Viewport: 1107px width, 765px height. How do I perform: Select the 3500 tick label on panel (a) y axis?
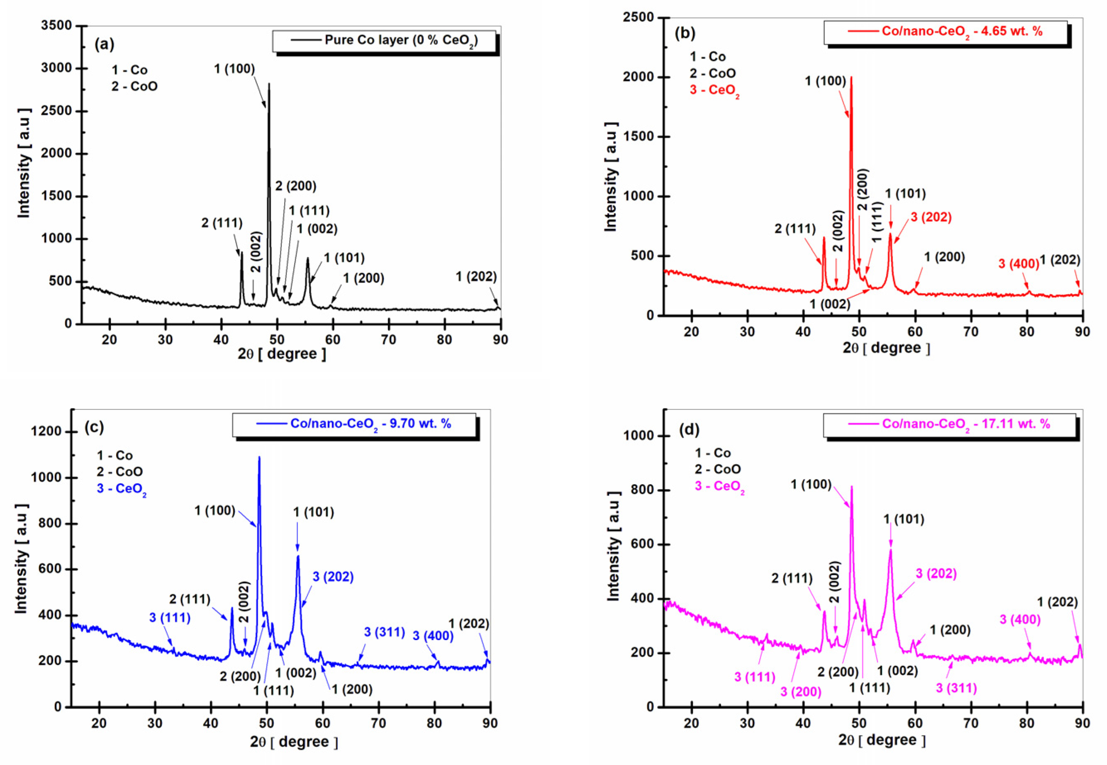(56, 25)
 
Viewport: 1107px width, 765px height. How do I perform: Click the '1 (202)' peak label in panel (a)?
(475, 277)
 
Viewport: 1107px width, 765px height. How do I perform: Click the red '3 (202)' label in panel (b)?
(931, 217)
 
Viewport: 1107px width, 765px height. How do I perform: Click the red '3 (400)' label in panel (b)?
(1018, 263)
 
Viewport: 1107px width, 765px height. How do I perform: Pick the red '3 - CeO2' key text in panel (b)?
(714, 90)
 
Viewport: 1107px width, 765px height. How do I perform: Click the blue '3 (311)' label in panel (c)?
(385, 632)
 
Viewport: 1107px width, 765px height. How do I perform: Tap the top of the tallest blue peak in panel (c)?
(259, 457)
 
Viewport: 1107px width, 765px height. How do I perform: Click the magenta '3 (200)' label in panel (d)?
(801, 692)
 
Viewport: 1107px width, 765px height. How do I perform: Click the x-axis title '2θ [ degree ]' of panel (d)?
(882, 740)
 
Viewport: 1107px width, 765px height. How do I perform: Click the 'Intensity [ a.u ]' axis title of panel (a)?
(24, 163)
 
